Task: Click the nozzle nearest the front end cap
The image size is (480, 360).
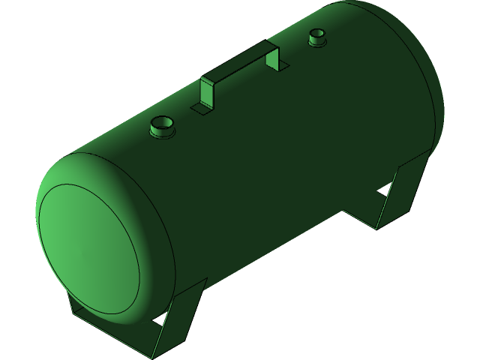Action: pos(162,127)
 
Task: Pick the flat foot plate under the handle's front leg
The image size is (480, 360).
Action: pos(200,109)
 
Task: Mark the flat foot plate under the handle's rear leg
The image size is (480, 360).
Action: pos(283,70)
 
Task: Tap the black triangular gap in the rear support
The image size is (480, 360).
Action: pos(383,193)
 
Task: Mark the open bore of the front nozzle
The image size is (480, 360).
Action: pos(162,121)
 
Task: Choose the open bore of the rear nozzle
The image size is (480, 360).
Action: pos(317,33)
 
